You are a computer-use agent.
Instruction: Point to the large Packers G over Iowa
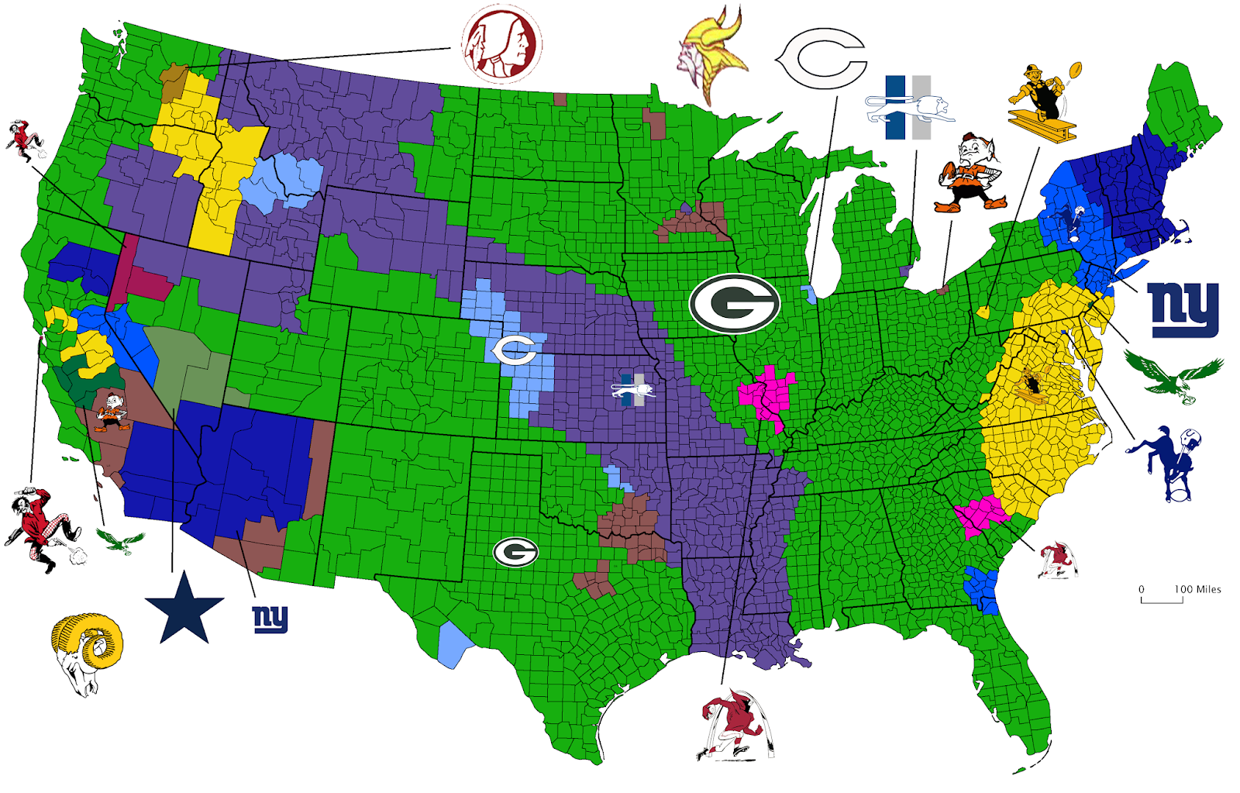(734, 303)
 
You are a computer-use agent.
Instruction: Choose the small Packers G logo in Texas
(515, 552)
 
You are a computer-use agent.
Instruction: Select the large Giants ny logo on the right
(1183, 309)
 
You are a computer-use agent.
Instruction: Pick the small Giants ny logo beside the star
(270, 619)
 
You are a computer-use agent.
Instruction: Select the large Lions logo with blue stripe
(908, 108)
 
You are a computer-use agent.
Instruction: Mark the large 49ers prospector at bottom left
(40, 527)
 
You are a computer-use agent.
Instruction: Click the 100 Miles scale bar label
(1197, 589)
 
